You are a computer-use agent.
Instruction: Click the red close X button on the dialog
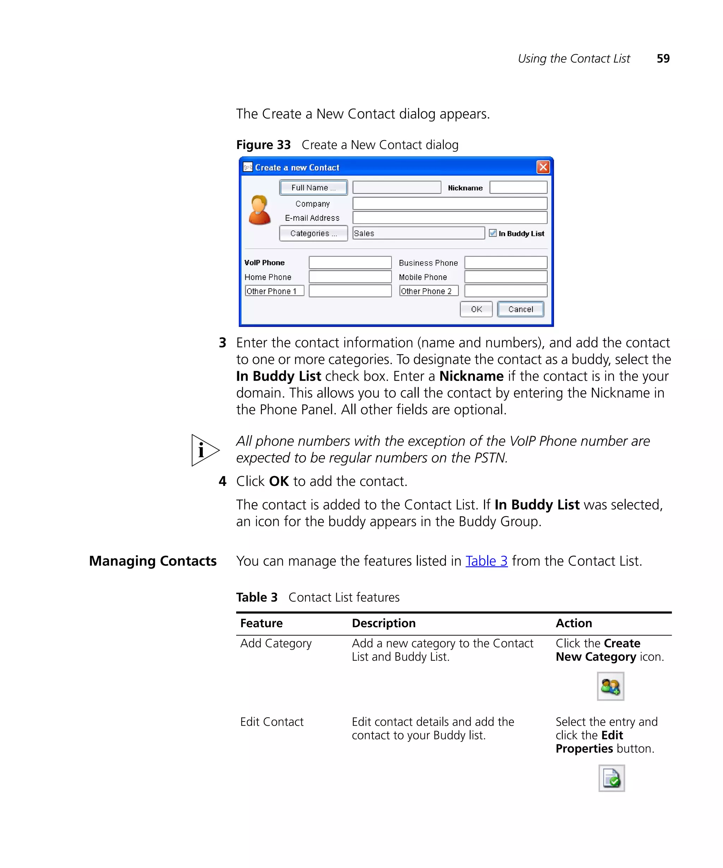(x=543, y=167)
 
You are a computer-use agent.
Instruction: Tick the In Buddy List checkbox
(x=492, y=233)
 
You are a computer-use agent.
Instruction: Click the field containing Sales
(x=418, y=233)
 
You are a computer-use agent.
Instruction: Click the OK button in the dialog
(x=476, y=309)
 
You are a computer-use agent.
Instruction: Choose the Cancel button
(x=520, y=309)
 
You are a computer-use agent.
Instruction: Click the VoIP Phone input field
(x=349, y=262)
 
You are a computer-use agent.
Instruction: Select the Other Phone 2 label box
(x=429, y=291)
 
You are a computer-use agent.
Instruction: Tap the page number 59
(x=663, y=58)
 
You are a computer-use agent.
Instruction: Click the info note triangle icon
(x=204, y=450)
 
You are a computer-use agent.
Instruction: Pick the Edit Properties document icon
(x=611, y=778)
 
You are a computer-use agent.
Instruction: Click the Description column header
(x=383, y=623)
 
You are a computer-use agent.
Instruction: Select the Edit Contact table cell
(x=271, y=722)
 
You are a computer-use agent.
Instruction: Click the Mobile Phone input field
(x=505, y=277)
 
